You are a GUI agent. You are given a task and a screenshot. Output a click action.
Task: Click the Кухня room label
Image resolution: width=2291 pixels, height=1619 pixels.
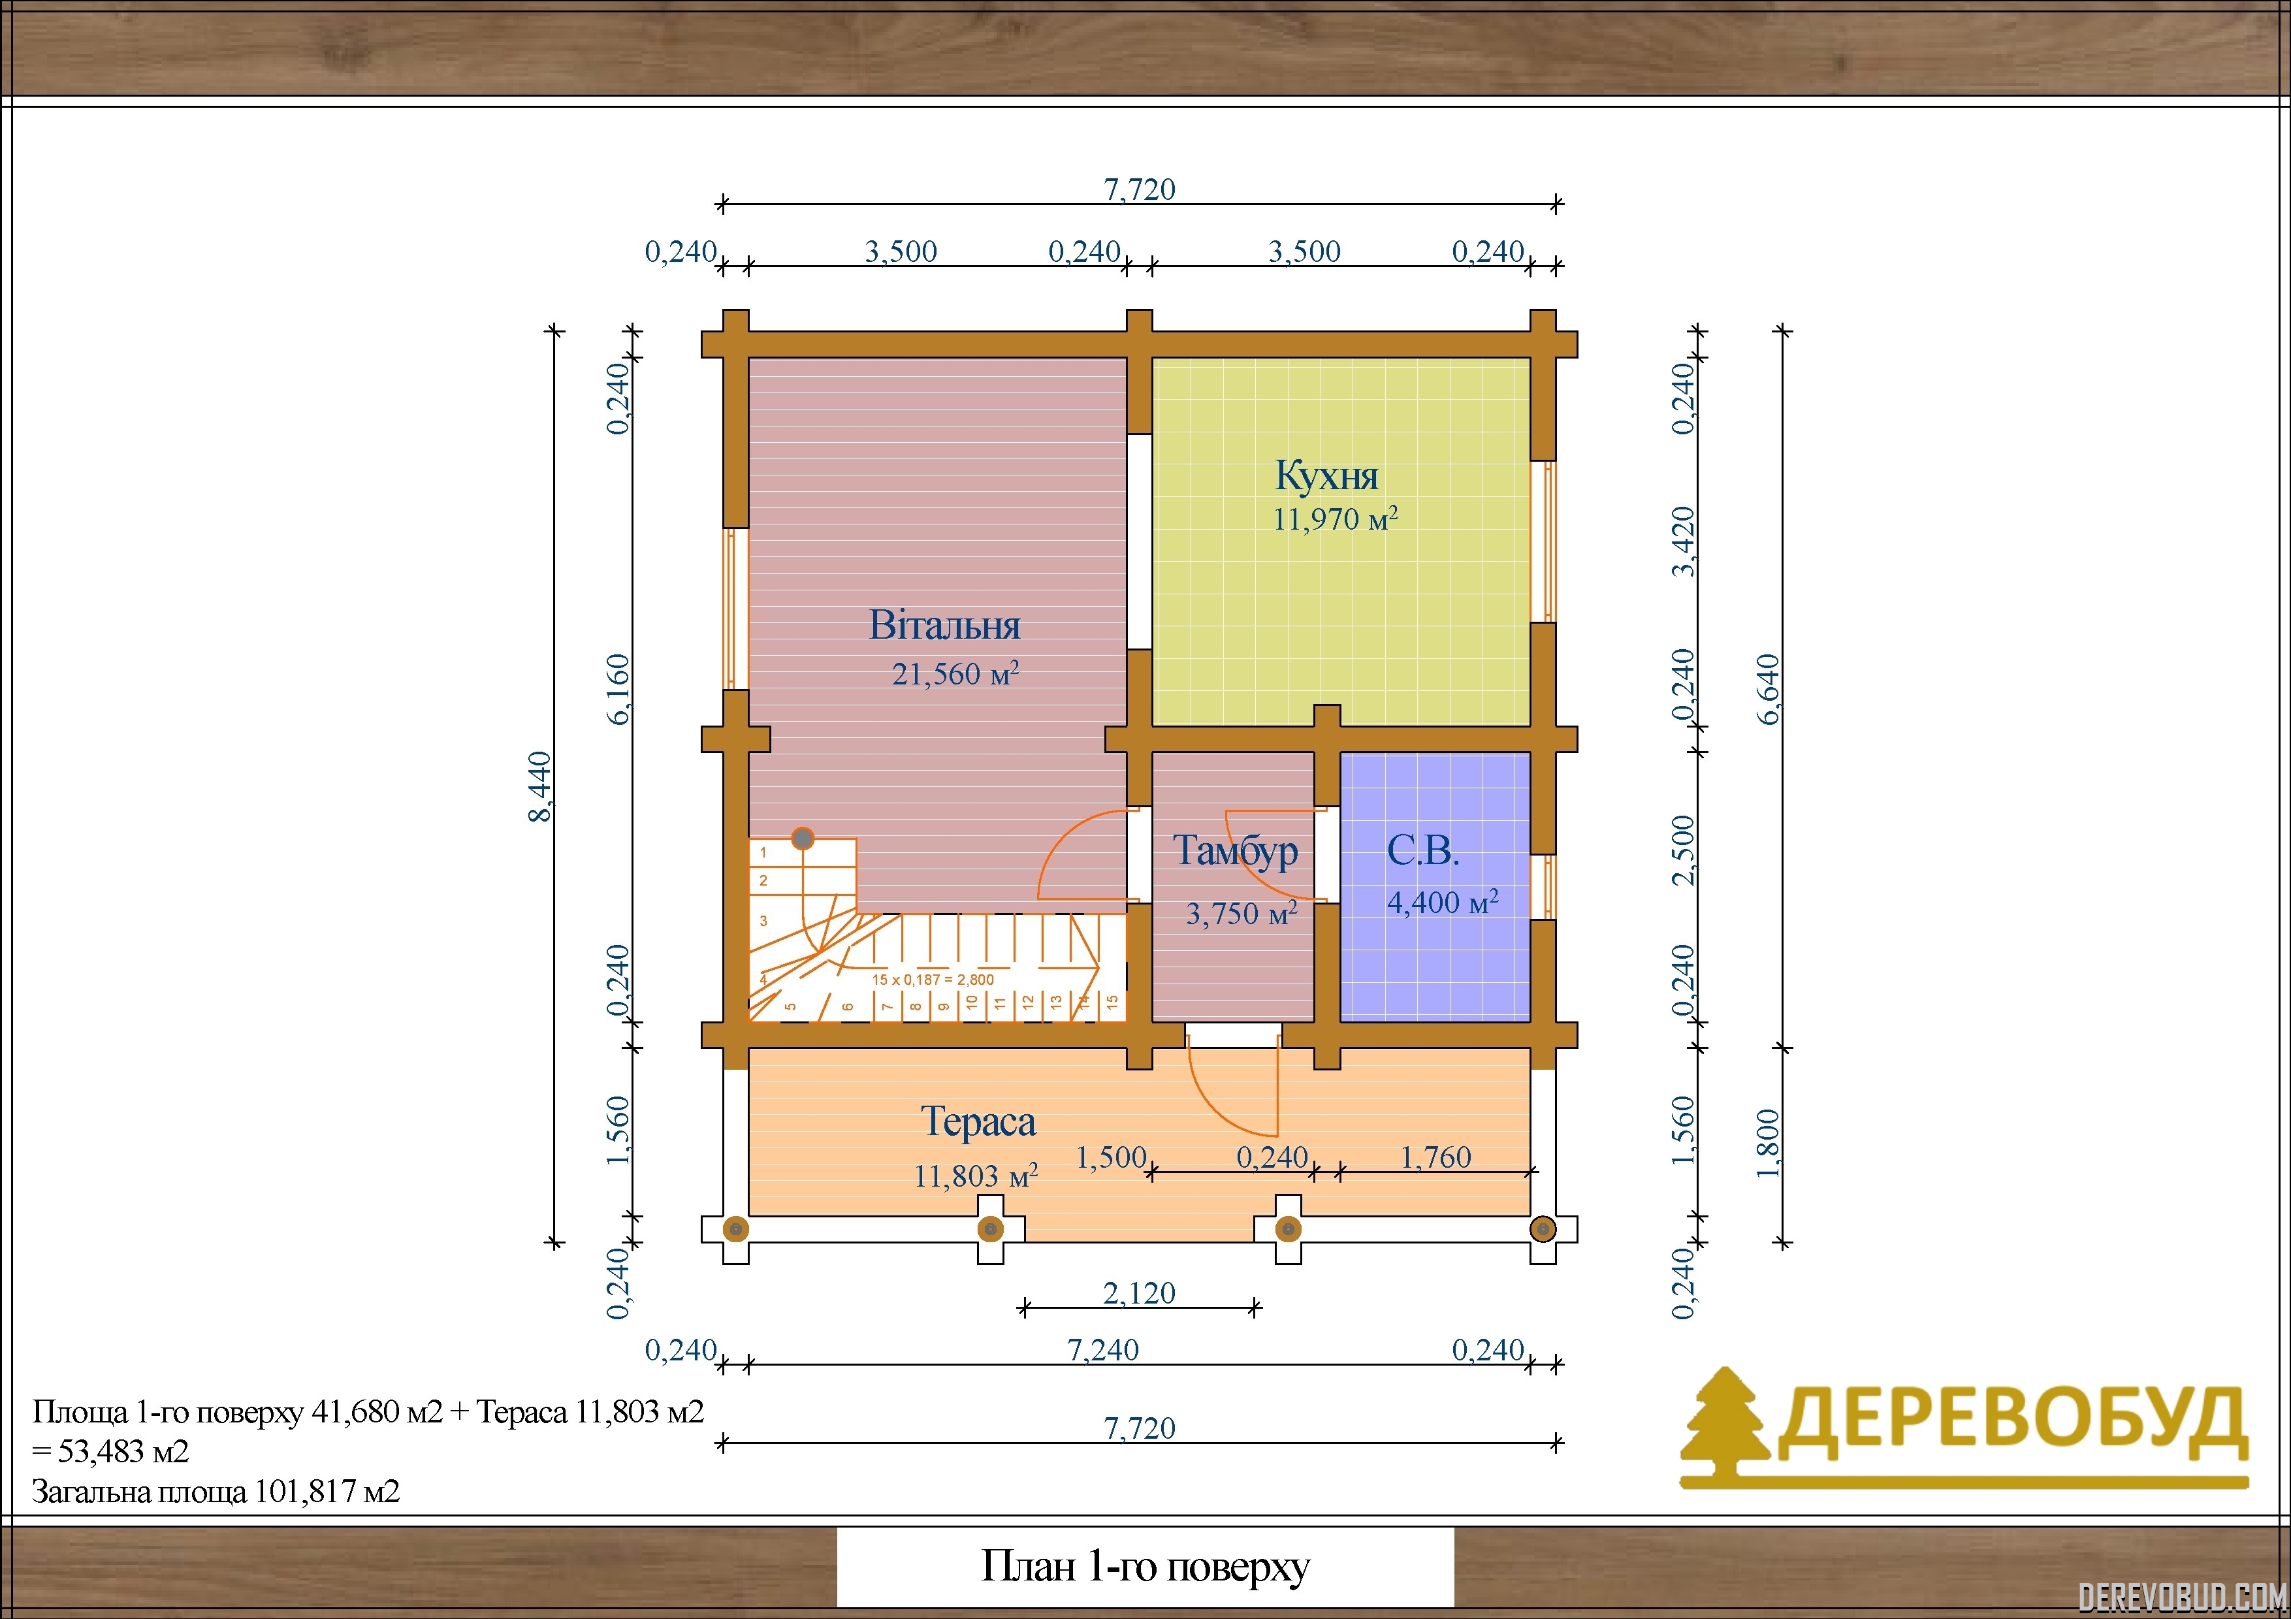coord(1326,476)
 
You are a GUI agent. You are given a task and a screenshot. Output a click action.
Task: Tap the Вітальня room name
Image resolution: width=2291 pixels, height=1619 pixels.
coord(945,626)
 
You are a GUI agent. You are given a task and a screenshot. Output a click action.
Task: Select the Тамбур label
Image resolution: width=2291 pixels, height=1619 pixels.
coord(1236,851)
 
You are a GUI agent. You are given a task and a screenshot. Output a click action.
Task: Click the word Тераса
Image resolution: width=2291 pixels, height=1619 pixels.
coord(978,1122)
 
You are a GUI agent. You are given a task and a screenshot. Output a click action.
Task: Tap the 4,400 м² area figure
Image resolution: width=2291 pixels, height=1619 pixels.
coord(1443,902)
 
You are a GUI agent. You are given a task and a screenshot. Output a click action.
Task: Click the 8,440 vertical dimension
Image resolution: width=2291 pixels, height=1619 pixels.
coord(539,787)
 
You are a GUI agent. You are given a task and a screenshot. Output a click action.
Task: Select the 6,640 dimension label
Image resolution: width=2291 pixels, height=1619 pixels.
coord(1767,689)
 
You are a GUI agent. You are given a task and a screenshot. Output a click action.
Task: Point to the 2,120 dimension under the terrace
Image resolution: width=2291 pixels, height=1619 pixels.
coord(1140,1293)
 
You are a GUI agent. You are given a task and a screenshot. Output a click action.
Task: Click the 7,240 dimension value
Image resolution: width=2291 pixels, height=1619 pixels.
coord(1102,1350)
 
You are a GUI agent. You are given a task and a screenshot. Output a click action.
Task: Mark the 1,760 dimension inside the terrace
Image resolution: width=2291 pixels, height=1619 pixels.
coord(1436,1157)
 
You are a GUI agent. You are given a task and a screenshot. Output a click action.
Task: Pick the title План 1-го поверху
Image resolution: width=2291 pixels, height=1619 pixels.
coord(1145,1566)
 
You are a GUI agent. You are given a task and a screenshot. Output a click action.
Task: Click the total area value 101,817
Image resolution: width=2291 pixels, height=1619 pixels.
coord(304,1491)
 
